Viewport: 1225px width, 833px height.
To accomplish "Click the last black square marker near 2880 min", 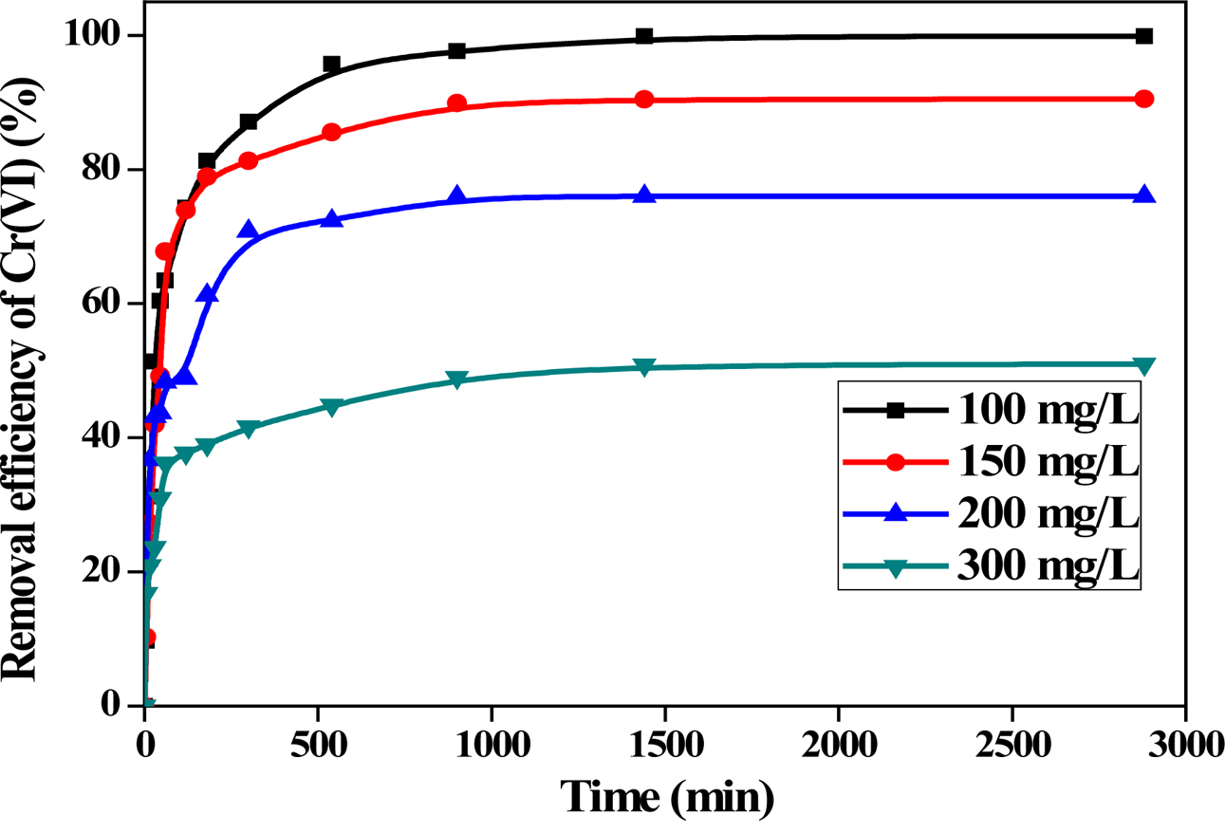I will point(1143,36).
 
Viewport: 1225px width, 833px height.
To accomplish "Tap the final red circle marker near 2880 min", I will point(1143,99).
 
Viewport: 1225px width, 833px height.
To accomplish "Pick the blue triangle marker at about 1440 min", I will point(644,194).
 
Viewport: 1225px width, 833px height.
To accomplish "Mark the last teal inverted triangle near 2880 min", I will point(1143,365).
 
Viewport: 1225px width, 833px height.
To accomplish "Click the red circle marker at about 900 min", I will point(456,103).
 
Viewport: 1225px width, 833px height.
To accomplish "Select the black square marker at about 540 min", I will point(331,65).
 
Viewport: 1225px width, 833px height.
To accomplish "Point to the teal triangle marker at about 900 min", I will point(456,379).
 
